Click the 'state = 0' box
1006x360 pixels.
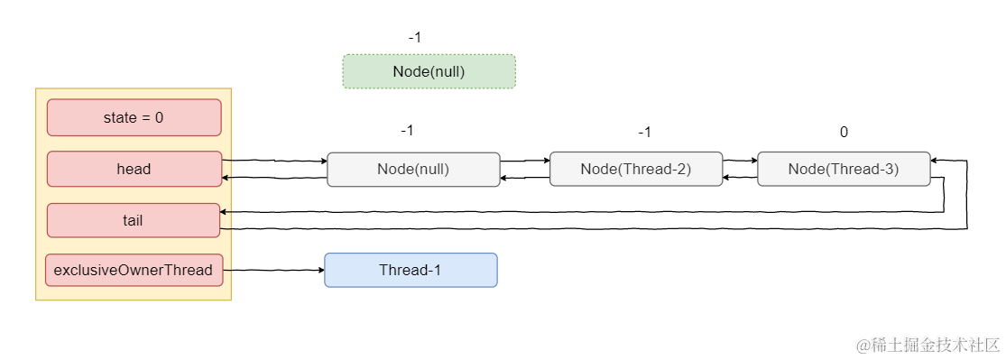134,117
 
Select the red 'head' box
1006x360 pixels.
134,169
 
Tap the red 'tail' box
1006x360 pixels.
134,220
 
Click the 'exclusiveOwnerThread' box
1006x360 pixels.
134,270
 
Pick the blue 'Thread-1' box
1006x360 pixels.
411,270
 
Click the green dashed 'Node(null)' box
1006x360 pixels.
429,71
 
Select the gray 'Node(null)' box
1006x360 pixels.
413,170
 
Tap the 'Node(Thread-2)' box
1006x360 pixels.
636,170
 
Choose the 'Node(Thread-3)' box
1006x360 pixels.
844,169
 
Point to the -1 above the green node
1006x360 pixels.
414,37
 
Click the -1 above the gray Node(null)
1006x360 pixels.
407,130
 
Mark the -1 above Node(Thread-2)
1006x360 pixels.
644,133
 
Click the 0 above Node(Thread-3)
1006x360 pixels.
844,133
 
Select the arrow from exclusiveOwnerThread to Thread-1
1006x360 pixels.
273,270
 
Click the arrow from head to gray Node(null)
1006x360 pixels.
274,162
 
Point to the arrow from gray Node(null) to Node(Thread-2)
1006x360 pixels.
525,162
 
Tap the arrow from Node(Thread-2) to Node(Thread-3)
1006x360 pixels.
741,162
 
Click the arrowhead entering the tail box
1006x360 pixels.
223,211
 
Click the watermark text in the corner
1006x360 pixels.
928,345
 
